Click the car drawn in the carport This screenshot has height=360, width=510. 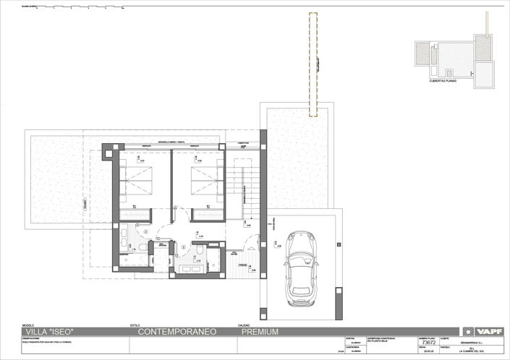[x=299, y=265]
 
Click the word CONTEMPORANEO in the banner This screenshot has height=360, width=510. [x=177, y=332]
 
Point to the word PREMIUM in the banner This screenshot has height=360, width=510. [x=258, y=332]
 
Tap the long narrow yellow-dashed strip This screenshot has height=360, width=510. [x=314, y=65]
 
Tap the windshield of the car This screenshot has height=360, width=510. [x=299, y=256]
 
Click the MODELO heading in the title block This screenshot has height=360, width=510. [x=29, y=325]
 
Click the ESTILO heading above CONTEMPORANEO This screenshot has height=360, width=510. [x=135, y=325]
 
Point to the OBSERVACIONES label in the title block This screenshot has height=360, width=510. [x=35, y=338]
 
